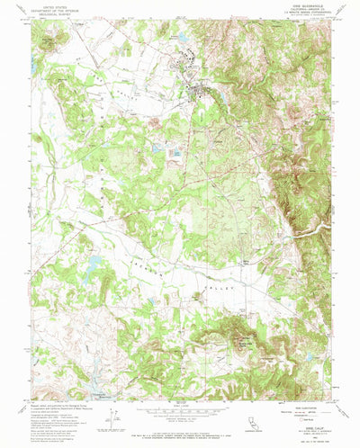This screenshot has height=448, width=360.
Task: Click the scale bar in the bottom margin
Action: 180,415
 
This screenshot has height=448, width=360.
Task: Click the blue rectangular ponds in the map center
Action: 173,155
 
